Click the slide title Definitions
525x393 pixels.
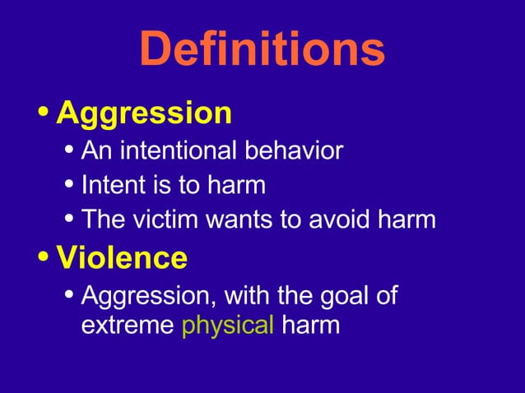[262, 49]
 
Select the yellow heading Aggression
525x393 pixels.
[144, 113]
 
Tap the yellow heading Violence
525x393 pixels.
[121, 258]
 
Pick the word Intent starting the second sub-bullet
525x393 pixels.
[107, 185]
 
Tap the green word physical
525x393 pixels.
[227, 324]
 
